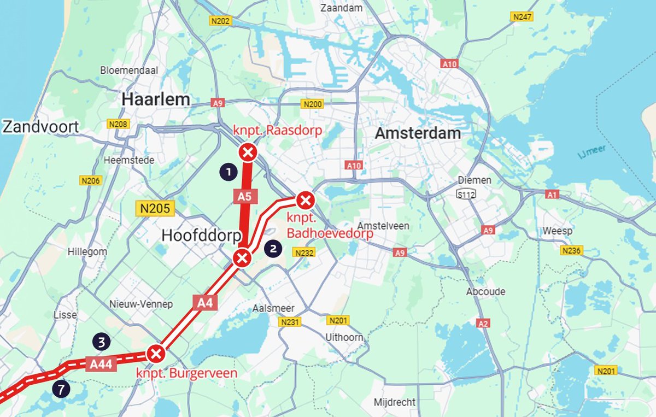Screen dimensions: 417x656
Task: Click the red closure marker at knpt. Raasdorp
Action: pos(248,152)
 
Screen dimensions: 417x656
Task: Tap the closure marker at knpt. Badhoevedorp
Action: pos(305,201)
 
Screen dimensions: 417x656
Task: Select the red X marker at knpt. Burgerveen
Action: pos(156,354)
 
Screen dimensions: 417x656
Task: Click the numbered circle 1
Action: pos(228,172)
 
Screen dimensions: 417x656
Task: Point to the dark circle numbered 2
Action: pos(273,249)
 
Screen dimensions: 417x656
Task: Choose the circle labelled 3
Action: pos(102,342)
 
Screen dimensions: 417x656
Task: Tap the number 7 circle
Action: pos(61,389)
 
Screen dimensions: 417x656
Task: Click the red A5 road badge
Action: pos(244,196)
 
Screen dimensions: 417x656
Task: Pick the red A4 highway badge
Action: pos(204,302)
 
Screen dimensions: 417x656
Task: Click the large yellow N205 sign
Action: pos(155,208)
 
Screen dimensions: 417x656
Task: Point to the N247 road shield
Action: pos(522,17)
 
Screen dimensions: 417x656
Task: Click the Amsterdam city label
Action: pos(418,133)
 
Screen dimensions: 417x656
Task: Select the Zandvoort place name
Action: pos(41,127)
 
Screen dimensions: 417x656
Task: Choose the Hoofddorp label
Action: pos(202,236)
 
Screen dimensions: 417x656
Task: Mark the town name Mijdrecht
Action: pos(395,402)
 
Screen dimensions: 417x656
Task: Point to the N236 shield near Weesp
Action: pos(572,250)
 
